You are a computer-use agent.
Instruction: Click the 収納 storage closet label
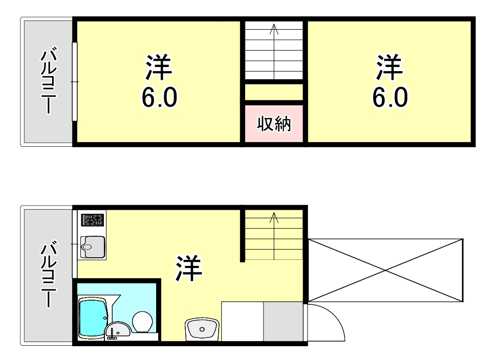point(274,124)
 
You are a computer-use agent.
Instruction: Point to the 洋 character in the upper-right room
point(390,69)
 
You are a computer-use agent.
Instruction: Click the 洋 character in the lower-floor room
point(188,269)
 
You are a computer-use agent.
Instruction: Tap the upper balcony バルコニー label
point(49,81)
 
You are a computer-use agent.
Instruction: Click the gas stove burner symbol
point(93,220)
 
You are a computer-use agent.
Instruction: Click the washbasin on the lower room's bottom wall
point(202,329)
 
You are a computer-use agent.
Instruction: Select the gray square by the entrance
point(284,321)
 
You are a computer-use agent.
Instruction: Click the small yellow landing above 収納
point(274,93)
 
